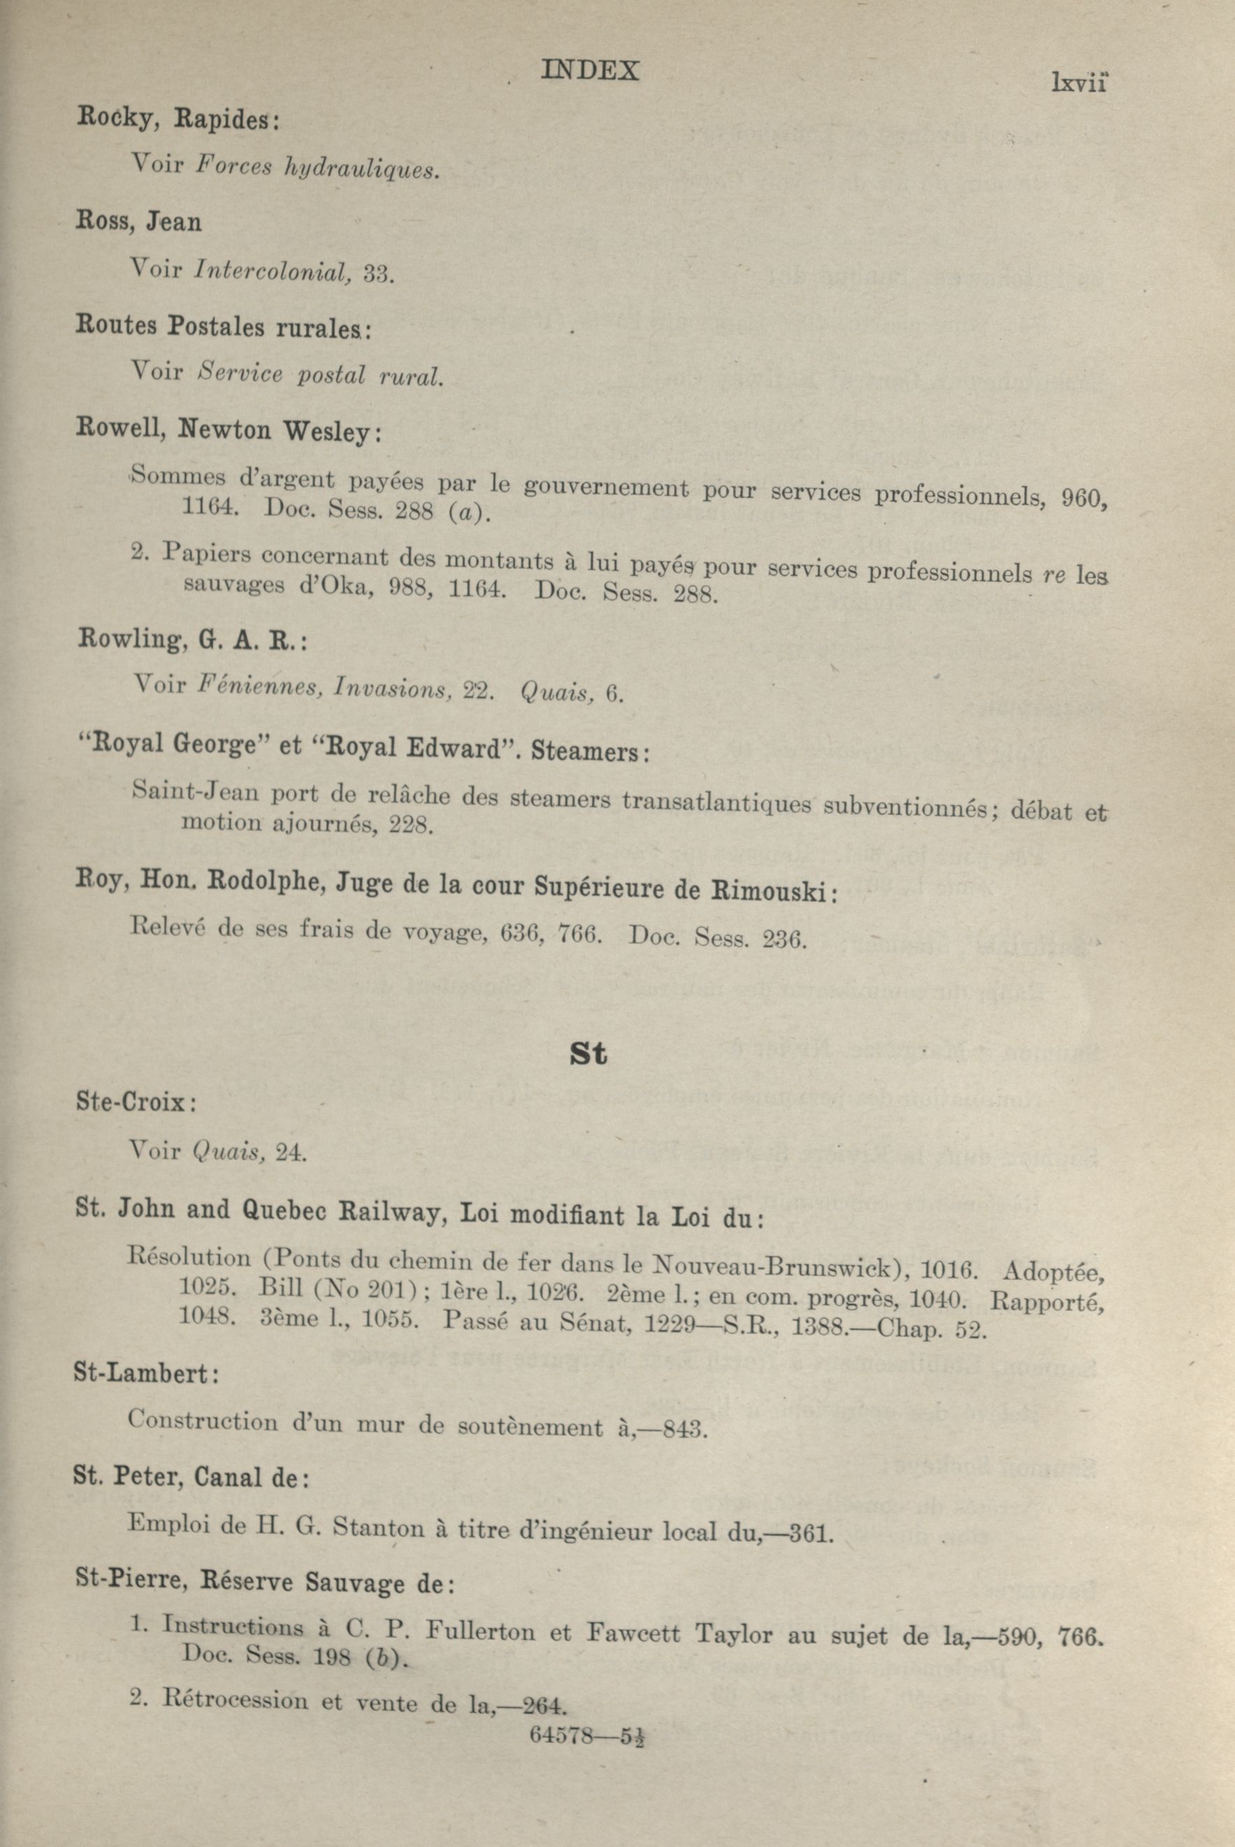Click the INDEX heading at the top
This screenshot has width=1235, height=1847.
(x=590, y=72)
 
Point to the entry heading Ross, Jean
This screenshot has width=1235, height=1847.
(x=138, y=222)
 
